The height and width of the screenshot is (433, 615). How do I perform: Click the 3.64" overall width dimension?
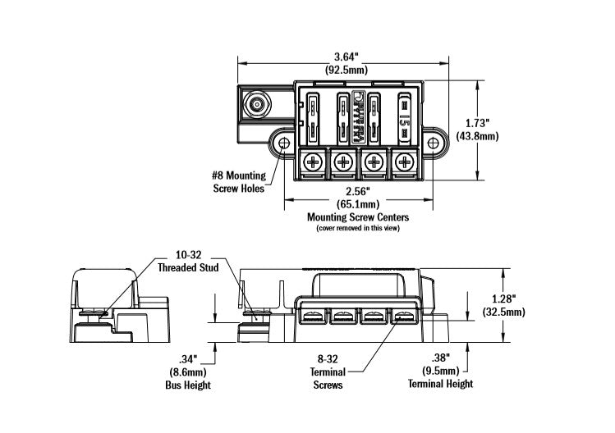click(x=345, y=57)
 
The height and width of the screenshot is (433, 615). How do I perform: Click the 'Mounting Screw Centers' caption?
click(x=358, y=217)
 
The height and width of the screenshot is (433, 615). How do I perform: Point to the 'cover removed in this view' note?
click(x=358, y=228)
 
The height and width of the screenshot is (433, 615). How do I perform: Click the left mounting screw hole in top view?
click(x=284, y=144)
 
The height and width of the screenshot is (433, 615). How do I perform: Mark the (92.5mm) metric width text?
click(x=345, y=70)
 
